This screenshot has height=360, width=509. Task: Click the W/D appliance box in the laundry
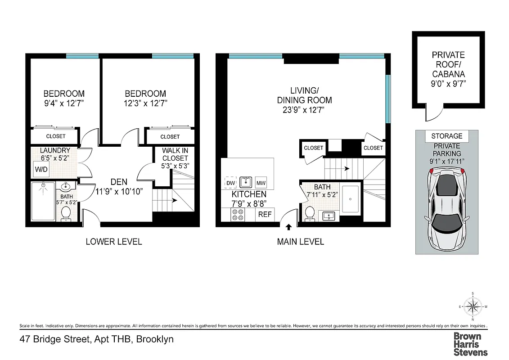(x=41, y=170)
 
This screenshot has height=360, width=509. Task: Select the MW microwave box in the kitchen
(x=261, y=183)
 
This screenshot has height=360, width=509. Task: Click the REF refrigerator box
(x=265, y=215)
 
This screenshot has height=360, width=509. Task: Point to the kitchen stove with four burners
(x=238, y=215)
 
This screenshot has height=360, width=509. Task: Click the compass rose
(x=473, y=308)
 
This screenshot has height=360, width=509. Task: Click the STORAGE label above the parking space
(x=446, y=136)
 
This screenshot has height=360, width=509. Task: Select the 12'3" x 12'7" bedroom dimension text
(x=145, y=103)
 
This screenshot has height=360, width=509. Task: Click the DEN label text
(x=120, y=182)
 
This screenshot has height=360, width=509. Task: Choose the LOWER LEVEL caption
(x=114, y=242)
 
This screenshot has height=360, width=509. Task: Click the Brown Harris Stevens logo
(x=470, y=344)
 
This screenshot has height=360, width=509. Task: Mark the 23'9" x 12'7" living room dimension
(x=304, y=109)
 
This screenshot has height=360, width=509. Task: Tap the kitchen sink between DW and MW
(x=245, y=182)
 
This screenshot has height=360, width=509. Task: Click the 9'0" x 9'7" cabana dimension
(x=448, y=83)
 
